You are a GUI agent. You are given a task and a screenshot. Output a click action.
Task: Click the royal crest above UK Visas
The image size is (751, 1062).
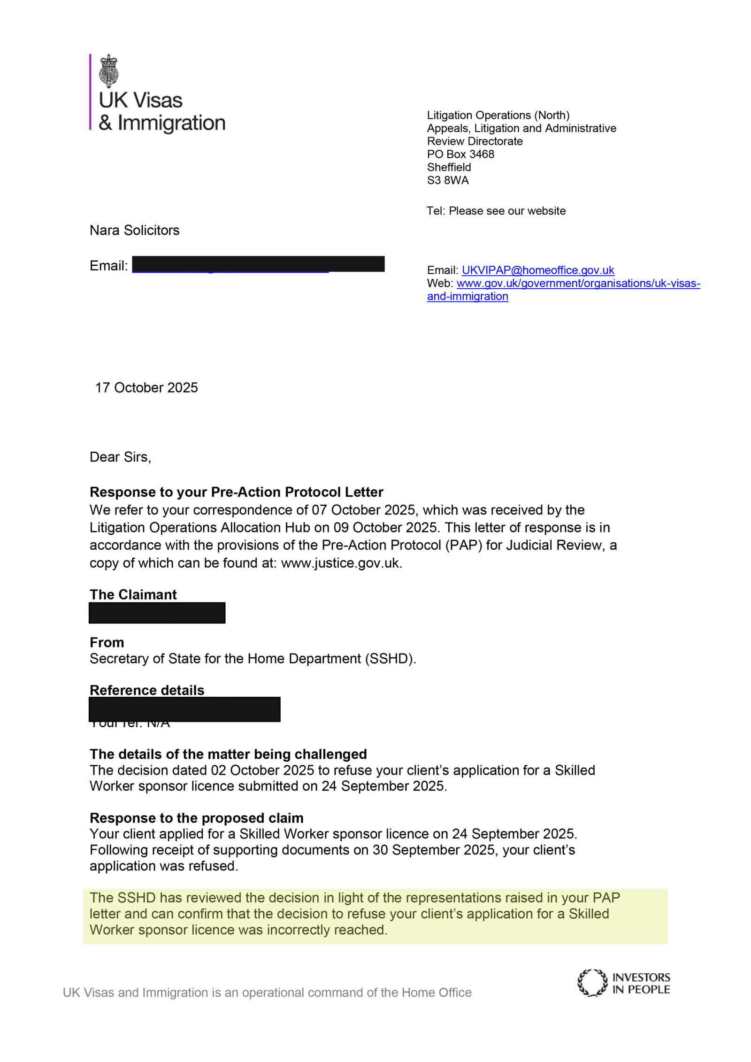108,70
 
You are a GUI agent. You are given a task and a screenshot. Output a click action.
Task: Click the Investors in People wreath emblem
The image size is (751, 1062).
592,982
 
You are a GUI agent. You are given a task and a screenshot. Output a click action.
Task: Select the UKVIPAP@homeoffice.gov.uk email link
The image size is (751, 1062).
537,270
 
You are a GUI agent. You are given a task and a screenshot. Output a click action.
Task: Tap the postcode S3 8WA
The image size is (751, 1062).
447,180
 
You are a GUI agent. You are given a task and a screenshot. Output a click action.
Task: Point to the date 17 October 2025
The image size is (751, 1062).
146,387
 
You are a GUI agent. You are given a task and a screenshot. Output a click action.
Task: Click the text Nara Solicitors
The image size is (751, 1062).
134,230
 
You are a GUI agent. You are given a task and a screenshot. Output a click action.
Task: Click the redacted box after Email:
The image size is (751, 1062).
258,264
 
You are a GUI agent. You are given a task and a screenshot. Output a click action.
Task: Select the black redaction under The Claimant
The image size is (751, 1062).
157,613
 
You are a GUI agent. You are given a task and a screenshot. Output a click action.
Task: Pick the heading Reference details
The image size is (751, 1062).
147,690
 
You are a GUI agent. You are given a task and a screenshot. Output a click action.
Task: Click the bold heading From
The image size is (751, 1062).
107,642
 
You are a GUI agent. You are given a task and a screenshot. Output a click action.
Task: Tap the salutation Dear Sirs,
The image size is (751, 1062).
120,457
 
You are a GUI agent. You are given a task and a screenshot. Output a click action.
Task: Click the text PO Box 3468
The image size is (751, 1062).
460,154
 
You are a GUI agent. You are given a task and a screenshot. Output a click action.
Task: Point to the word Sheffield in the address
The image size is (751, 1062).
449,167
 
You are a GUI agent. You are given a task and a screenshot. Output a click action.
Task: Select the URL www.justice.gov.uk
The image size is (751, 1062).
341,562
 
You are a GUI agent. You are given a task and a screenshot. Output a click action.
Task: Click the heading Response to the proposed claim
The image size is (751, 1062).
196,817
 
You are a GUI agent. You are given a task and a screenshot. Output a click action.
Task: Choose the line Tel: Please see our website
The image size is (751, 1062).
496,211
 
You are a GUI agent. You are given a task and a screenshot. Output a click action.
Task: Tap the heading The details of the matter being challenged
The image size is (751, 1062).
228,754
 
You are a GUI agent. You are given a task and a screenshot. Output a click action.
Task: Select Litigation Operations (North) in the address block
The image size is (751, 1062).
498,115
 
